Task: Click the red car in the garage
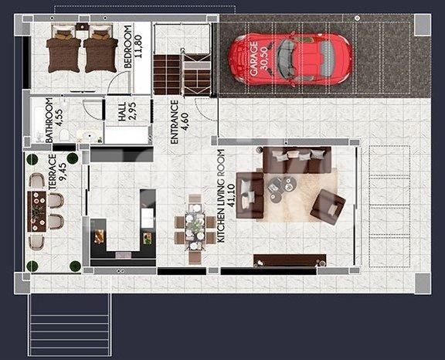pyautogui.click(x=290, y=59)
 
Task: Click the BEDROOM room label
pyautogui.click(x=128, y=47)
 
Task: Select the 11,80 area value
pyautogui.click(x=138, y=46)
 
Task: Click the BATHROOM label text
pyautogui.click(x=49, y=121)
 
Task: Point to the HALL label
pyautogui.click(x=122, y=112)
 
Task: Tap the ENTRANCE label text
pyautogui.click(x=175, y=122)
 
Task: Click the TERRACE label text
pyautogui.click(x=53, y=172)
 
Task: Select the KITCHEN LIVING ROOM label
pyautogui.click(x=221, y=195)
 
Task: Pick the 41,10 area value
pyautogui.click(x=231, y=195)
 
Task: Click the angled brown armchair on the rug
pyautogui.click(x=328, y=207)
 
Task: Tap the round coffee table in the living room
pyautogui.click(x=282, y=187)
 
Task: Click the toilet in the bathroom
pyautogui.click(x=65, y=135)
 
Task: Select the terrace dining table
pyautogui.click(x=36, y=212)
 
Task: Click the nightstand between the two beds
pyautogui.click(x=82, y=28)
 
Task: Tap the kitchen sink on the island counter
pyautogui.click(x=148, y=218)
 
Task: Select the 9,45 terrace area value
pyautogui.click(x=62, y=172)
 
